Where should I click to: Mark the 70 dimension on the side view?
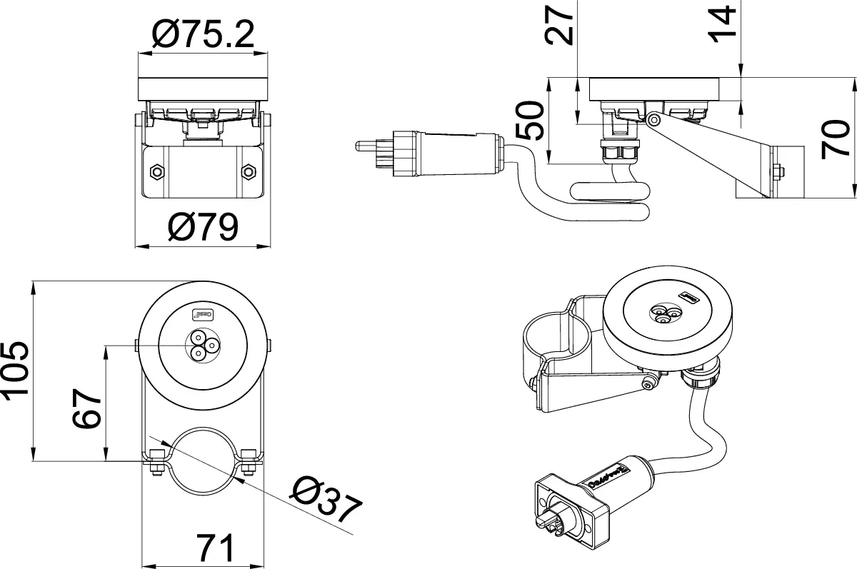coord(835,139)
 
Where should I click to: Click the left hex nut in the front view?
coord(156,171)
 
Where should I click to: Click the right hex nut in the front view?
coord(249,171)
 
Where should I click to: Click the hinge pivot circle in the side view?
coord(653,121)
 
